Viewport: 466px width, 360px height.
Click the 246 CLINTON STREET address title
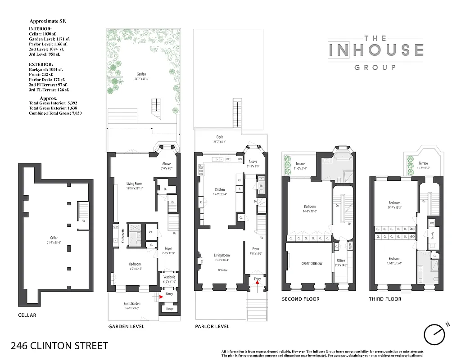[59, 346]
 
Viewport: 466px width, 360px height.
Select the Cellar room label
[54, 238]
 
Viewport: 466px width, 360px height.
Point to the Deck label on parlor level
[219, 137]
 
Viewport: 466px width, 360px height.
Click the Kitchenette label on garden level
[123, 235]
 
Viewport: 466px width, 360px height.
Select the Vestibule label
[169, 277]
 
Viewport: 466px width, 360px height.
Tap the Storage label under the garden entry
[169, 309]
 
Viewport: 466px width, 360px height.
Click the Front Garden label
[132, 303]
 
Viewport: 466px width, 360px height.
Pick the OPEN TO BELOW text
[312, 263]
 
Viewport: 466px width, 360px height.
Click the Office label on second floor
[340, 261]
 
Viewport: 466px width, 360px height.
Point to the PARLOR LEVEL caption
[212, 326]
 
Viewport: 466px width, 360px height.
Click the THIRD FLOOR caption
[385, 299]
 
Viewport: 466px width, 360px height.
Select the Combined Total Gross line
[55, 113]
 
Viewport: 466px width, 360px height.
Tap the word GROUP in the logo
[375, 67]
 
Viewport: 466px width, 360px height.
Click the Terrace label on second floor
[300, 164]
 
